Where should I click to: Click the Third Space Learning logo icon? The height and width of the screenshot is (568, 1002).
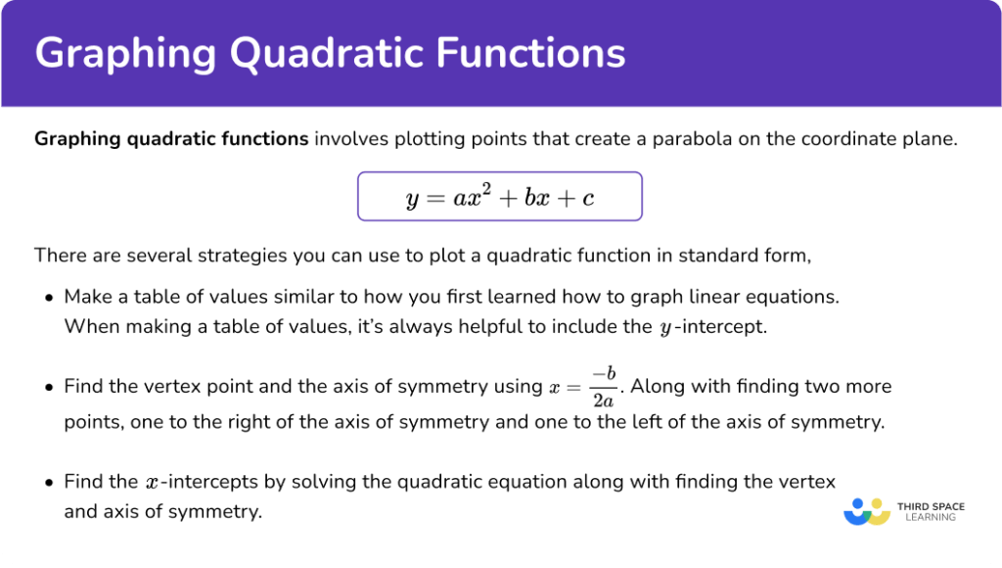(865, 511)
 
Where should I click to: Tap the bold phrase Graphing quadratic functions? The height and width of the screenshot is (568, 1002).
(171, 139)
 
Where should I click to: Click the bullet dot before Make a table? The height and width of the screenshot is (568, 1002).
(49, 296)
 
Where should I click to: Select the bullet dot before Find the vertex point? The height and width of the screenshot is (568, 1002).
(49, 388)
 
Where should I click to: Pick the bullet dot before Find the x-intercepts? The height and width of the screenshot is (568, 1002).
(49, 483)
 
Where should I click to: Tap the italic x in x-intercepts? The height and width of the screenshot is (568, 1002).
(151, 483)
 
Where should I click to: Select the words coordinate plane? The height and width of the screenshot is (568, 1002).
(886, 139)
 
